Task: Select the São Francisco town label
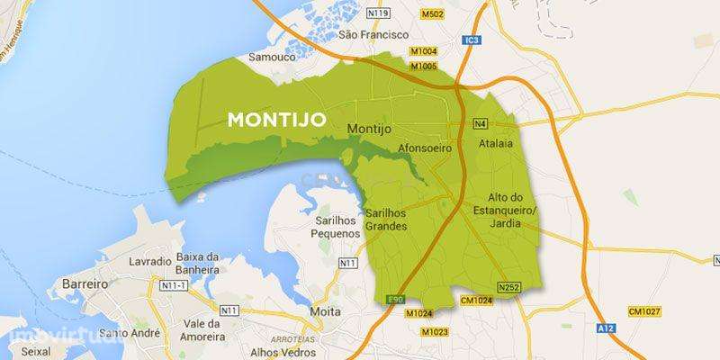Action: pos(367,35)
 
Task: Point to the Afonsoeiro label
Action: pos(423,147)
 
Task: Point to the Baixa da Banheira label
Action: pos(200,262)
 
